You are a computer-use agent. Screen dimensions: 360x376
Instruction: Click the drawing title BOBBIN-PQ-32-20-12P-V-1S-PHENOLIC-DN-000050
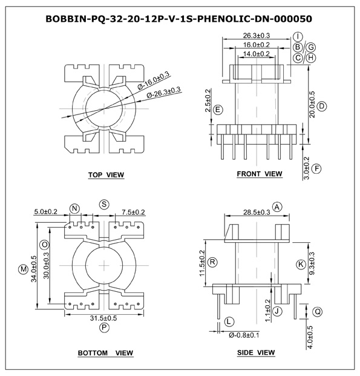point(179,19)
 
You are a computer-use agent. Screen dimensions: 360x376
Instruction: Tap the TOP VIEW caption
point(106,175)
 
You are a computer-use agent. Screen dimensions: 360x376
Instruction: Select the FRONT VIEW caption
point(260,174)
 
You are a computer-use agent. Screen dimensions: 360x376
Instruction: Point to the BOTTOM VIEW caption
point(106,353)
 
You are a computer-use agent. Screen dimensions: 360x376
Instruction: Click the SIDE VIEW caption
point(256,352)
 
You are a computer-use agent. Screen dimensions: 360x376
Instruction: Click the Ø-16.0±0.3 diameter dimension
point(154,81)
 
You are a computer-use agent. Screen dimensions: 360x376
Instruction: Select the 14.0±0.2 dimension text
point(257,54)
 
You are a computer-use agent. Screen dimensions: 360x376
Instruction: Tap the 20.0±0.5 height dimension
point(312,104)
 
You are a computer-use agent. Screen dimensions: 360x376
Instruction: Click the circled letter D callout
point(322,106)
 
